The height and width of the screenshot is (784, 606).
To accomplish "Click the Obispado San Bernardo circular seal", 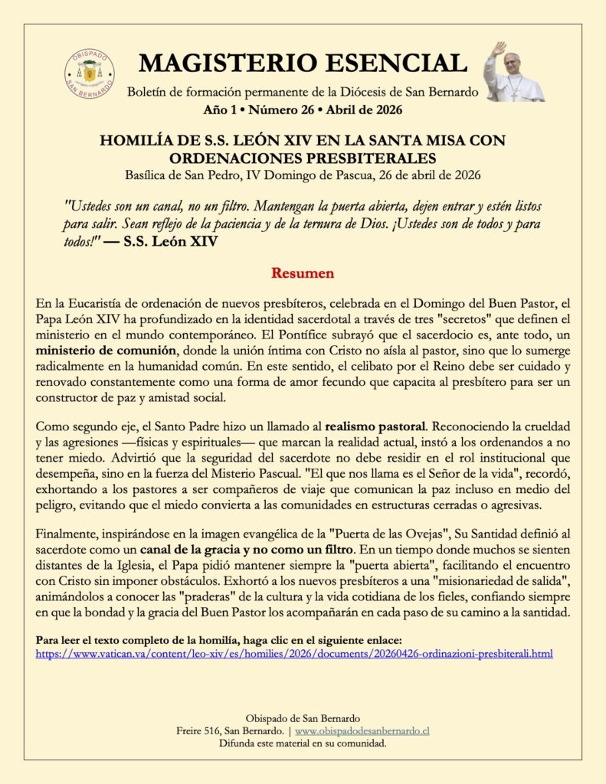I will click(90, 74).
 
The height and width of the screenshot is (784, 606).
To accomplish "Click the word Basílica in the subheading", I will click(150, 175).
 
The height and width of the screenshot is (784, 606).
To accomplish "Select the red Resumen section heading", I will click(303, 273).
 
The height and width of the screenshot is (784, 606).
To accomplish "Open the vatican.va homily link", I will click(294, 654).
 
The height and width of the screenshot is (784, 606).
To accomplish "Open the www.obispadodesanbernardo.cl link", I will click(362, 731).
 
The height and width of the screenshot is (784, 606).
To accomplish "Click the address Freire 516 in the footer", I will click(201, 731).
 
